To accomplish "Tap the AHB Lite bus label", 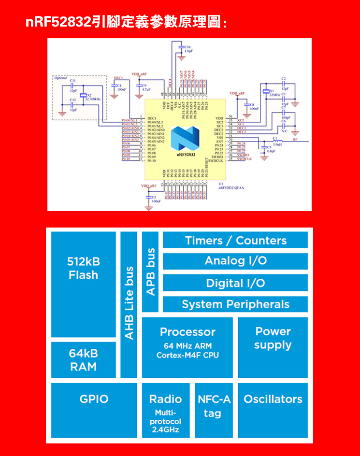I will (129, 303).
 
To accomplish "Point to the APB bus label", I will (150, 272).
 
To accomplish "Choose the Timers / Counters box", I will (235, 240).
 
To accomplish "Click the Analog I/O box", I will (235, 261).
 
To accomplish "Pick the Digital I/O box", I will (235, 283).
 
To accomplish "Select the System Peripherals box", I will (235, 304).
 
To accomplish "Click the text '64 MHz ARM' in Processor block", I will (187, 346).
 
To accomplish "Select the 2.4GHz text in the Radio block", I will (165, 430).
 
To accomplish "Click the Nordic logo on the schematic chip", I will (185, 138).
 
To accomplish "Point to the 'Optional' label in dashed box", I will (61, 78).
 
